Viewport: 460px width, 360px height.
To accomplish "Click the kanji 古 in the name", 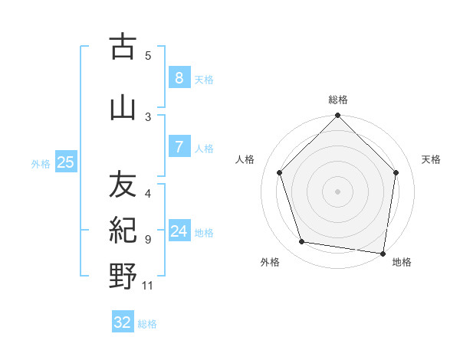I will click(123, 47).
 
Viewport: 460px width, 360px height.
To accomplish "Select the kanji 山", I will click(123, 108).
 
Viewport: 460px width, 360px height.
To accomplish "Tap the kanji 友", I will click(123, 184).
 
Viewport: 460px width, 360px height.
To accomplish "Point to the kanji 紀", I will click(123, 229).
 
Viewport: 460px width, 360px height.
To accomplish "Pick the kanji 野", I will click(123, 275).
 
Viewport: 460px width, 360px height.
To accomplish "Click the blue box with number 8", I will click(179, 78).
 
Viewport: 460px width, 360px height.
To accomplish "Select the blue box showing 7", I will click(179, 147).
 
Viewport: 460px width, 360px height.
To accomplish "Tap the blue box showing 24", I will click(179, 231).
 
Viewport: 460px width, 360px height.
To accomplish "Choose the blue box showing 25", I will click(65, 162).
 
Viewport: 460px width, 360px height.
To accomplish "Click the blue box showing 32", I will click(123, 322).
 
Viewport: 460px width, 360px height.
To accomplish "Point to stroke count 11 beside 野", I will click(148, 286).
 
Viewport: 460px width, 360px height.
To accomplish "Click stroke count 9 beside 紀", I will click(148, 240).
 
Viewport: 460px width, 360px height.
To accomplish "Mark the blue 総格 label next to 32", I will click(147, 324).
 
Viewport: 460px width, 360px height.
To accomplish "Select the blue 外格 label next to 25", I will click(41, 163).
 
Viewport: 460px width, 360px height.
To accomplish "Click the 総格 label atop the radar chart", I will click(338, 100).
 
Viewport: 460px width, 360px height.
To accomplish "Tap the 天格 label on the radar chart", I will click(431, 159).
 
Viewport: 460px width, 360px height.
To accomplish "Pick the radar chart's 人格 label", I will click(245, 159).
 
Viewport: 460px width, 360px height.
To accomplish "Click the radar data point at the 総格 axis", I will click(338, 116).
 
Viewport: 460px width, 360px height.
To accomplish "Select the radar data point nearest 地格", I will click(383, 252).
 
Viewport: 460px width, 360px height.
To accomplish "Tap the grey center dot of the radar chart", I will click(338, 191).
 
